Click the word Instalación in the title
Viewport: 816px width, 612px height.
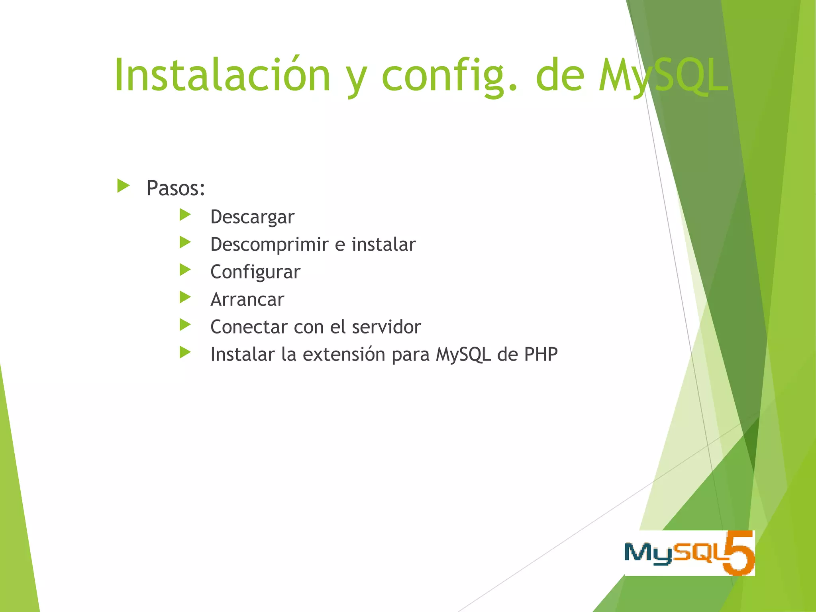coord(222,75)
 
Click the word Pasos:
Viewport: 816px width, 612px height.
coord(176,188)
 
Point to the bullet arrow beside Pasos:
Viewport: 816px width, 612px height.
coord(124,186)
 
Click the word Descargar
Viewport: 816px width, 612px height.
coord(252,217)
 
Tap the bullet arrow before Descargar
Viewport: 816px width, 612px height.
coord(185,215)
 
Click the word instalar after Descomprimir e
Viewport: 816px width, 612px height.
coord(383,245)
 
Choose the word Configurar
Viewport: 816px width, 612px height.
coord(255,272)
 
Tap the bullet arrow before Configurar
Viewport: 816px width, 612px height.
coord(185,270)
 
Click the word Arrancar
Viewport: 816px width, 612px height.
coord(247,300)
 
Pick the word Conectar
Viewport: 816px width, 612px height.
coord(249,327)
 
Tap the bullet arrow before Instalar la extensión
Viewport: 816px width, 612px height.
coord(185,353)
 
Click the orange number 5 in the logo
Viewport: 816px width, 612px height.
coord(739,553)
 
